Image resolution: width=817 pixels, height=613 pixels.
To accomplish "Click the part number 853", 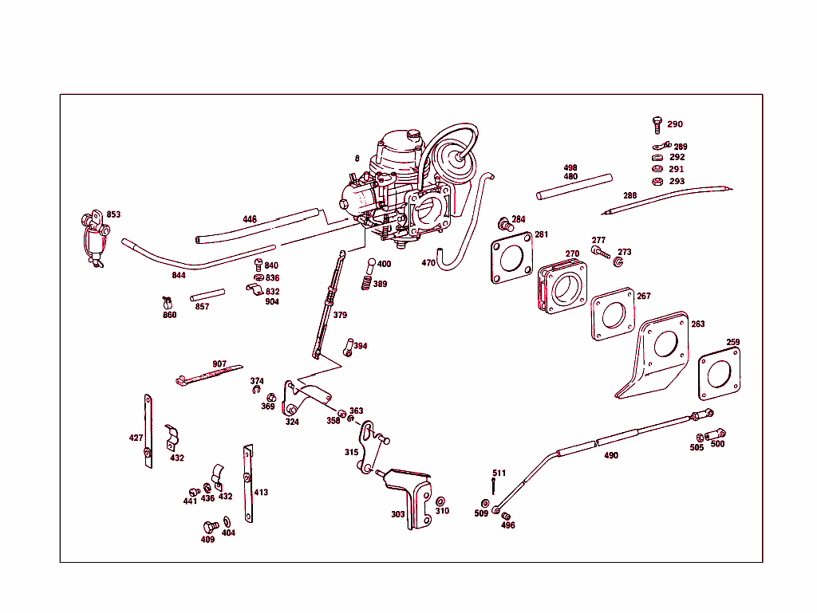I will click(113, 214).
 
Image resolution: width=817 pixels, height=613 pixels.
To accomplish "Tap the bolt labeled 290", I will click(657, 124).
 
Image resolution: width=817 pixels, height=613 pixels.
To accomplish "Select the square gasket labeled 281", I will click(511, 257).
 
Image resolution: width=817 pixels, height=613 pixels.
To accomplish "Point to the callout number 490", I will click(610, 455).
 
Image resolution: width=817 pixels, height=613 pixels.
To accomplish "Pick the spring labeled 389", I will click(366, 282).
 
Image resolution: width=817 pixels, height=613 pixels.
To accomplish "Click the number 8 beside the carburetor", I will click(357, 159).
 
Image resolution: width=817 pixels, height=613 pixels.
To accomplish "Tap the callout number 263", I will click(697, 324).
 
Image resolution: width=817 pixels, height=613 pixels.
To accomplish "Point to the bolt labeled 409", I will click(211, 527).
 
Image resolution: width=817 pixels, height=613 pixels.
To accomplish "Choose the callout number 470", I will click(428, 263).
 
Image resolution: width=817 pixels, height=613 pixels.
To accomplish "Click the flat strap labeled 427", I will click(148, 430).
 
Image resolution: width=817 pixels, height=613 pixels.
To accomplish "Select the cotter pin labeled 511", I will click(494, 488).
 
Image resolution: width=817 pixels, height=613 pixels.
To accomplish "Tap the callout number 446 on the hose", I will click(250, 219).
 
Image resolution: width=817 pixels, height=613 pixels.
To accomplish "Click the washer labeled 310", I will click(440, 502).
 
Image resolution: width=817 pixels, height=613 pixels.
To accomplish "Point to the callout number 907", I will click(219, 364).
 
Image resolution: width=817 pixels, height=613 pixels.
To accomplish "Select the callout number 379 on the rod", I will click(340, 315).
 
